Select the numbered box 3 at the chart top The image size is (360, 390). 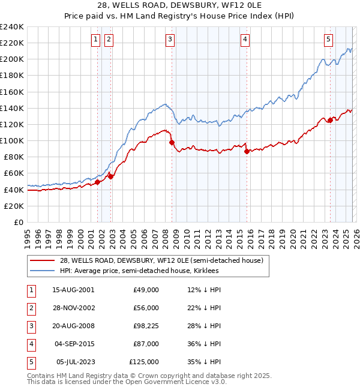pyautogui.click(x=170, y=40)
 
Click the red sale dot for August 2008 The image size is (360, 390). pyautogui.click(x=172, y=142)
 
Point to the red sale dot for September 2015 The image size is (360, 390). pyautogui.click(x=247, y=151)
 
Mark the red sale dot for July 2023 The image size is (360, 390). pyautogui.click(x=330, y=121)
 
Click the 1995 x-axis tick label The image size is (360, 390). pyautogui.click(x=28, y=235)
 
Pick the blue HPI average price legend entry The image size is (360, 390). pyautogui.click(x=139, y=271)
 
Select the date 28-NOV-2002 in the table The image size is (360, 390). pyautogui.click(x=73, y=308)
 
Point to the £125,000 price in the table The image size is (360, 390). pyautogui.click(x=144, y=362)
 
